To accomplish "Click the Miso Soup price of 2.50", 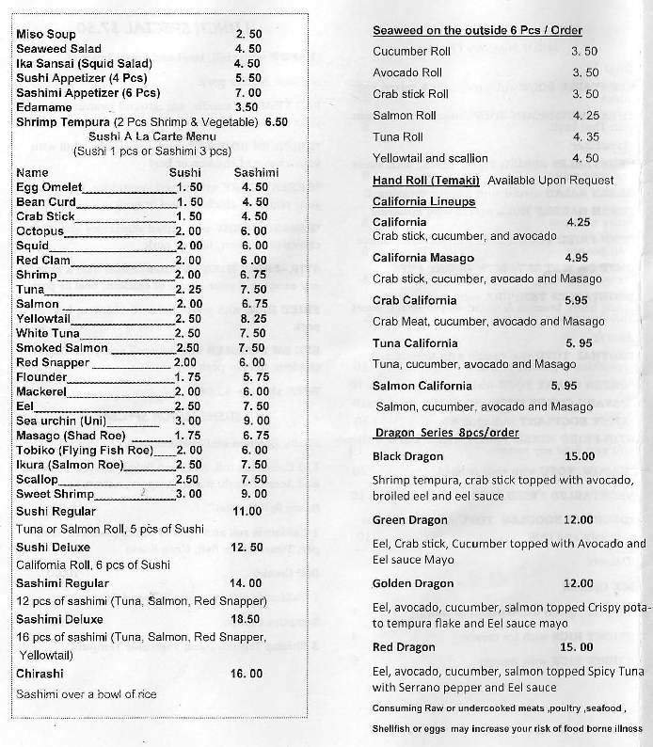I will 247,34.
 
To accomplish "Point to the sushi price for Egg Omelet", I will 189,187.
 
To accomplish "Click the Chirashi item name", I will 40,674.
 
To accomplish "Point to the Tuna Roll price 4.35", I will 584,137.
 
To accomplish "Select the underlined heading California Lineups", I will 423,201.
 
